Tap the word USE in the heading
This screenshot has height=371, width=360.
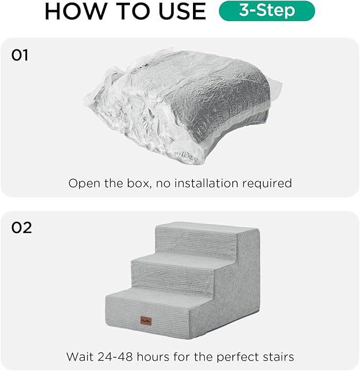pyautogui.click(x=178, y=11)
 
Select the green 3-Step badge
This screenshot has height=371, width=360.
pyautogui.click(x=267, y=11)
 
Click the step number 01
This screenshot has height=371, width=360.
pyautogui.click(x=20, y=56)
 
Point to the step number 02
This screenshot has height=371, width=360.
pyautogui.click(x=21, y=227)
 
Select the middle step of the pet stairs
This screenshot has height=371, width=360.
pyautogui.click(x=180, y=264)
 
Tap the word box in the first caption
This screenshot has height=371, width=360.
pyautogui.click(x=139, y=183)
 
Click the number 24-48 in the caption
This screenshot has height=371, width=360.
pyautogui.click(x=116, y=357)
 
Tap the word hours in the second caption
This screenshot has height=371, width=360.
pyautogui.click(x=156, y=357)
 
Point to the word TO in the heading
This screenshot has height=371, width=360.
pyautogui.click(x=127, y=11)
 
